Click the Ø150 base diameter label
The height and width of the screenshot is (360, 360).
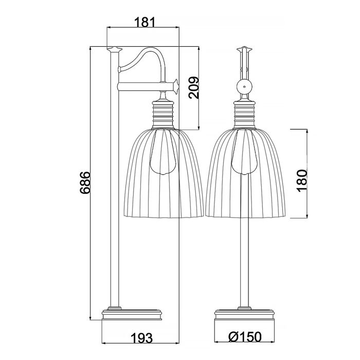[x=245, y=337]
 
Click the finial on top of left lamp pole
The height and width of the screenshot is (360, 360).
[x=114, y=49]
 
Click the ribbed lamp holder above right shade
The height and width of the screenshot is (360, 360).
[x=244, y=113]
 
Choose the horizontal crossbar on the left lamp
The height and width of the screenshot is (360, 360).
[x=144, y=86]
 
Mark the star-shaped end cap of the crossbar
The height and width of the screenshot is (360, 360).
[x=175, y=85]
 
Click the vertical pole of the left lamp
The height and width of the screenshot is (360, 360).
[x=114, y=206]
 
